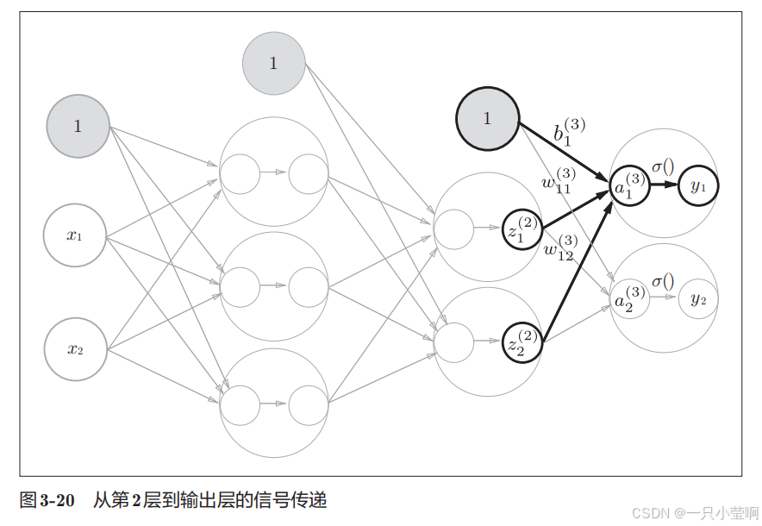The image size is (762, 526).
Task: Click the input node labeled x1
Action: pyautogui.click(x=75, y=235)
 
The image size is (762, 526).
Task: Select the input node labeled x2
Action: pyautogui.click(x=75, y=349)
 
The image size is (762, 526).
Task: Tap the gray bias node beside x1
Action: pyautogui.click(x=78, y=126)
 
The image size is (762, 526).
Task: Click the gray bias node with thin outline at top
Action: pyautogui.click(x=273, y=63)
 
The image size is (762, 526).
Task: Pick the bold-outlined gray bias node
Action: pyautogui.click(x=487, y=119)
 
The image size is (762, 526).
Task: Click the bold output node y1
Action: pyautogui.click(x=697, y=185)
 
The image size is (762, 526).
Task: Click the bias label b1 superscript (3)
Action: pyautogui.click(x=569, y=132)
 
